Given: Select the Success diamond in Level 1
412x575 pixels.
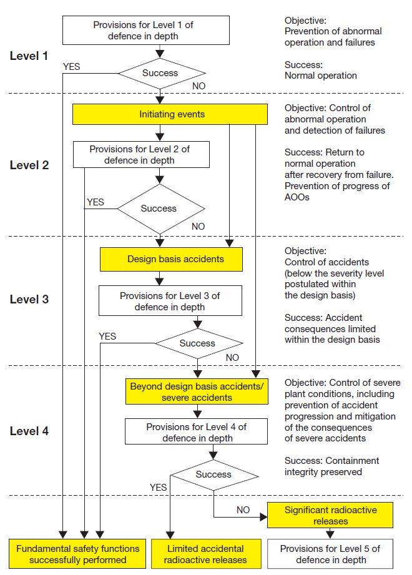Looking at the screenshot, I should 160,73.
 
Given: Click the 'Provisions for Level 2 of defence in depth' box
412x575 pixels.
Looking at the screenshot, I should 141,155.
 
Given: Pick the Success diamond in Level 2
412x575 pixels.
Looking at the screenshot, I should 159,209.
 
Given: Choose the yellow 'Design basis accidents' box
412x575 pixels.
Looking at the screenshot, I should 171,258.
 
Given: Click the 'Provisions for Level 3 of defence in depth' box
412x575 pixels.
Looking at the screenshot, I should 170,301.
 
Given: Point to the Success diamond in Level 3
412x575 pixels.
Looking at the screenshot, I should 197,343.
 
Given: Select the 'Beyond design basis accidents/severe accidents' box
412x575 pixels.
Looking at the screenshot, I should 197,391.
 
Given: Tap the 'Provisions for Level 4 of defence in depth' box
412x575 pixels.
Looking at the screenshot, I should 197,432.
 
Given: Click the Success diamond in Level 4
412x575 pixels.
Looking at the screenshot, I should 213,474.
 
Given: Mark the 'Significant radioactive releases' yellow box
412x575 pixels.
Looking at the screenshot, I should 331,515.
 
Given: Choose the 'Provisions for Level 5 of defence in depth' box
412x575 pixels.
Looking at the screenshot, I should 330,554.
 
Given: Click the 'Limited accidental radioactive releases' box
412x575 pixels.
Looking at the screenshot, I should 205,554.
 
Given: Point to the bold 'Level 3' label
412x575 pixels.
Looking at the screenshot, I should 29,299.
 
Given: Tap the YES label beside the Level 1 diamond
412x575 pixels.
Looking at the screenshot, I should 72,66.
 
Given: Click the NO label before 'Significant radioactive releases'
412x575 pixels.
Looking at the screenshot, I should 243,510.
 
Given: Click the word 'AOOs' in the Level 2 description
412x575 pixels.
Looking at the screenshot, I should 298,197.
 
